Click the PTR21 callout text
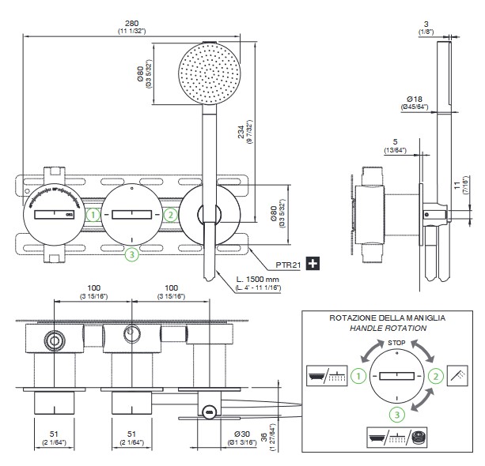(289, 263)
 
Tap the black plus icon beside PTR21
(313, 263)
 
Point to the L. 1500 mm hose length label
(259, 280)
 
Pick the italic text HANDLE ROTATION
(388, 327)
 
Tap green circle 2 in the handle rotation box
(434, 377)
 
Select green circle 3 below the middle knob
(131, 254)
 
